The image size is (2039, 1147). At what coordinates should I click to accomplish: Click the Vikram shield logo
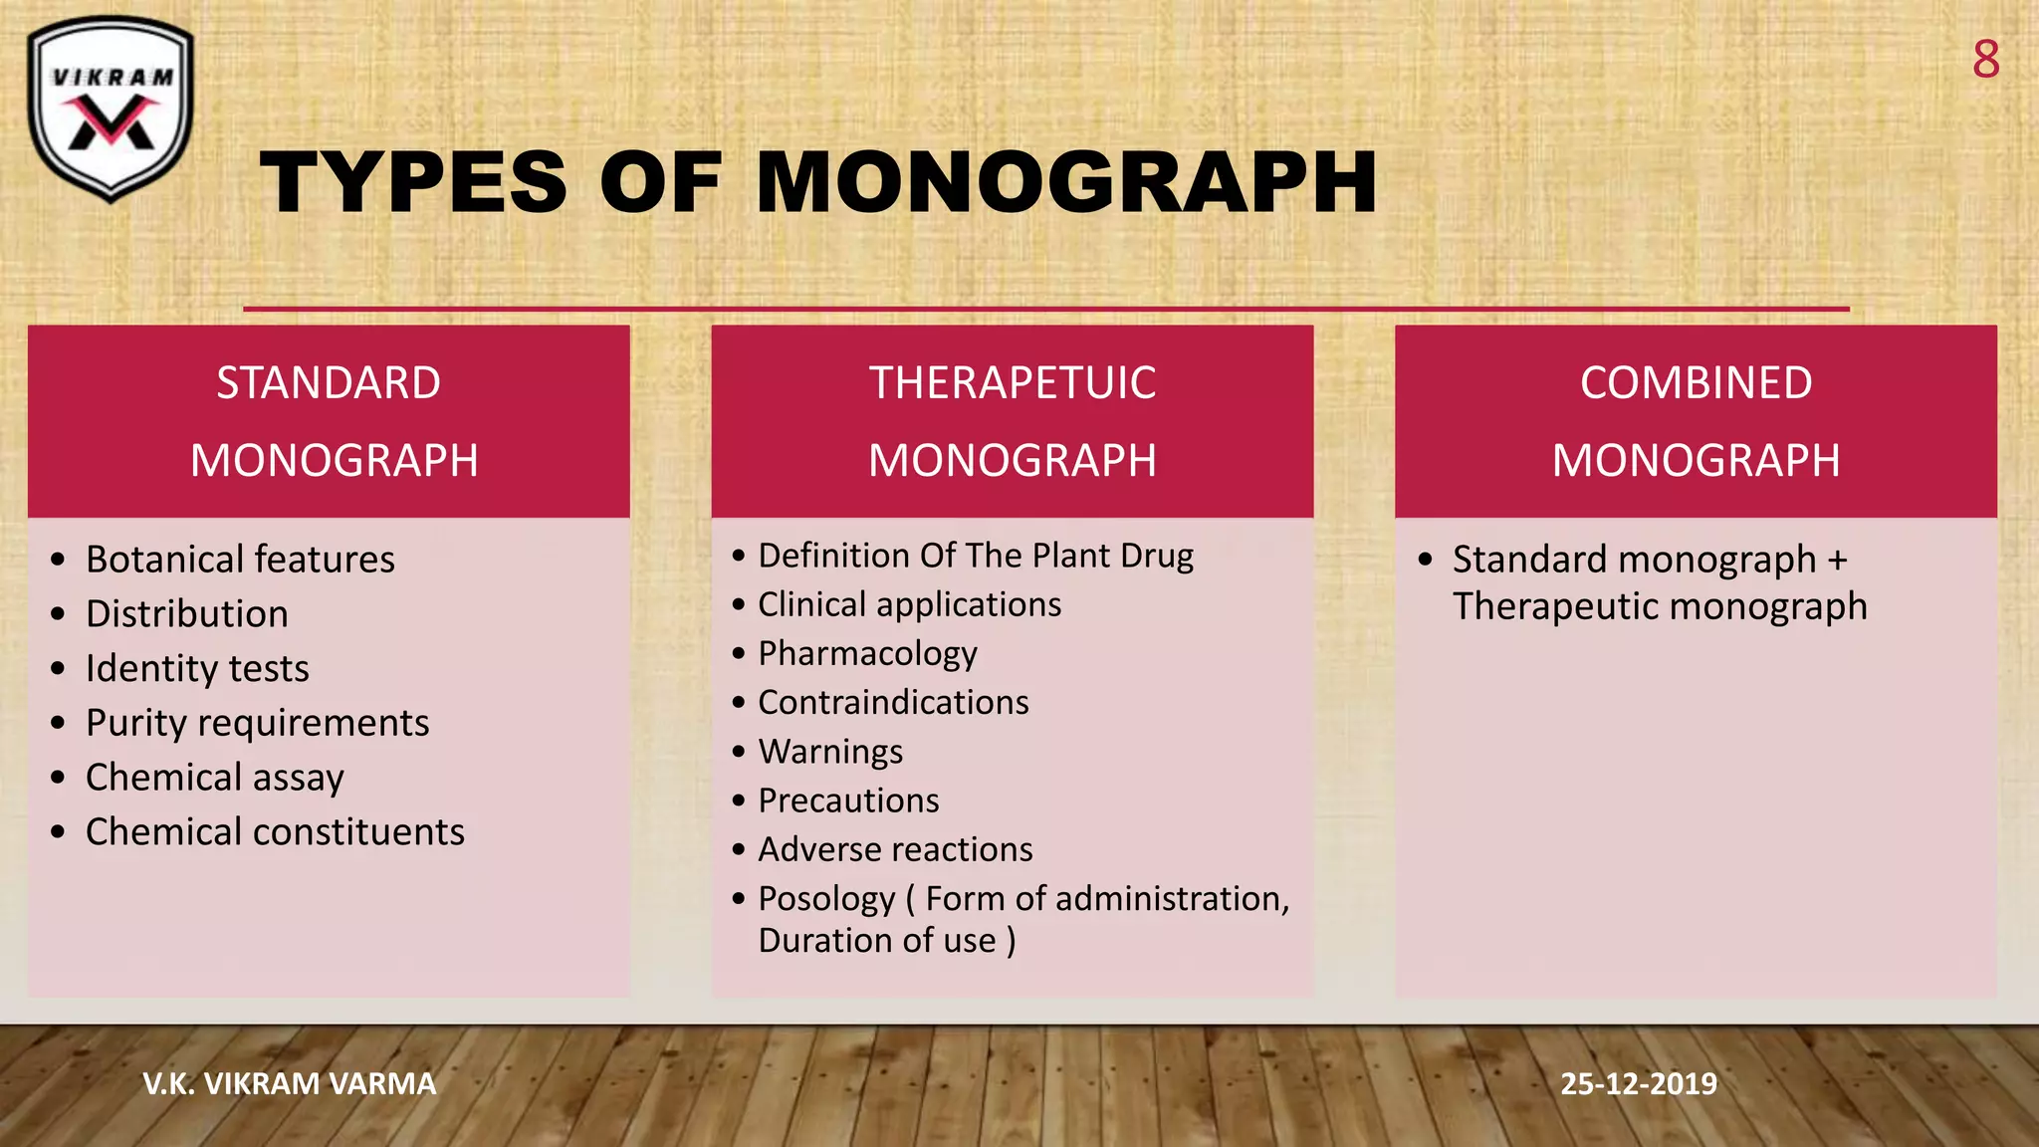click(x=111, y=108)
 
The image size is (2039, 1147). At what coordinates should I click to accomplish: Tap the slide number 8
click(x=1985, y=61)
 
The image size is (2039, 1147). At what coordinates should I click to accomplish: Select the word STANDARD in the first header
click(x=329, y=383)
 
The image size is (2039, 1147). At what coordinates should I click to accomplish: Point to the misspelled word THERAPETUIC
click(x=1013, y=383)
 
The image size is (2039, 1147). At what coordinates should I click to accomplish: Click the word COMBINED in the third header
click(x=1696, y=383)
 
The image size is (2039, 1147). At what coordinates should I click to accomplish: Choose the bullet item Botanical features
click(x=240, y=560)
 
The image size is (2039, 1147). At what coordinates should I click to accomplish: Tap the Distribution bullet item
click(x=187, y=614)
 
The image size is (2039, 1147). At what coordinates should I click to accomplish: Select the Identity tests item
click(x=197, y=669)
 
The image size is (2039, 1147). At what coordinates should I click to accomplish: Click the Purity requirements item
click(x=257, y=723)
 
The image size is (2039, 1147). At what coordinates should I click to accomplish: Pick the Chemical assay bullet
click(x=215, y=778)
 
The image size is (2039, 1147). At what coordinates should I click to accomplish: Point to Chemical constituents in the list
click(x=275, y=832)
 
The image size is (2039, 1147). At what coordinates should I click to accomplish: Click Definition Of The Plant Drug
click(x=976, y=556)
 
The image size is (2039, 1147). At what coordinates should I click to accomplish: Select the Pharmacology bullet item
click(x=867, y=654)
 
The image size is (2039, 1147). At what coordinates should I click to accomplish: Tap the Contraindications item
click(x=893, y=703)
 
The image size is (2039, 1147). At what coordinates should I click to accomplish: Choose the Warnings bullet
click(x=830, y=752)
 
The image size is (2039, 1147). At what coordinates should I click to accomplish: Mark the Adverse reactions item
click(x=895, y=849)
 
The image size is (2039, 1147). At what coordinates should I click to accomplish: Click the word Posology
click(x=826, y=899)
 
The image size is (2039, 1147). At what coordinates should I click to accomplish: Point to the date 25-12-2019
click(x=1638, y=1083)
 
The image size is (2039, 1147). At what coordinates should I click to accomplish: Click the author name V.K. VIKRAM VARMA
click(x=290, y=1083)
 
